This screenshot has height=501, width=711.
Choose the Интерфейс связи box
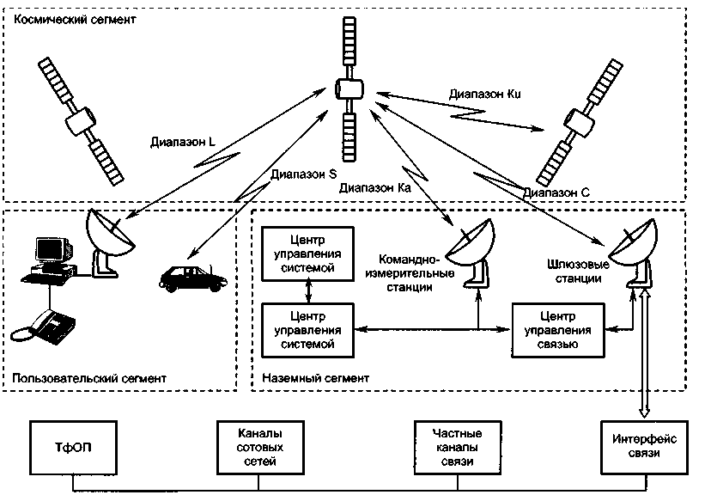[637, 448]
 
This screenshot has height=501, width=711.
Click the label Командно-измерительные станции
[409, 273]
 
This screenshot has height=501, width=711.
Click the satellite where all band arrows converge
[349, 89]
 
